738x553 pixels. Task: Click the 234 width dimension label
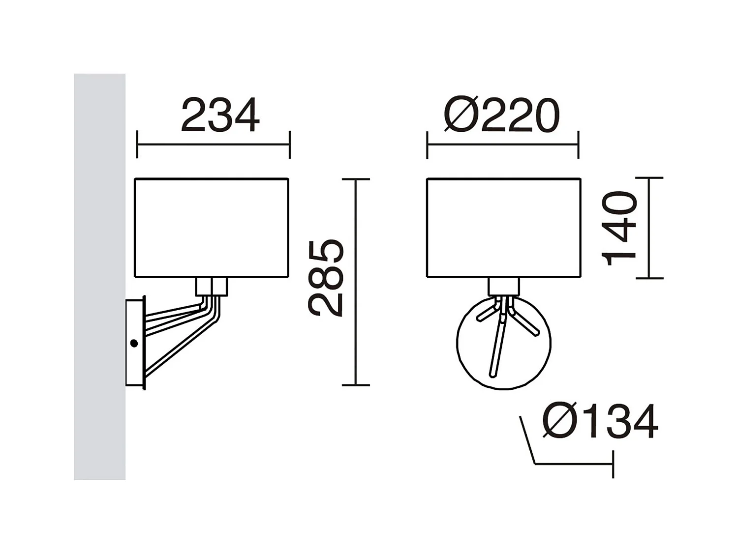pos(220,116)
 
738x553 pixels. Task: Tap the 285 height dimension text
pos(325,278)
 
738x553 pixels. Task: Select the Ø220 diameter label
pos(501,116)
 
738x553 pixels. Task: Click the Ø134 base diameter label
pos(600,421)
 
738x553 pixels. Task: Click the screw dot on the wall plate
pos(134,344)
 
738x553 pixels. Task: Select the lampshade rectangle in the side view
pos(212,228)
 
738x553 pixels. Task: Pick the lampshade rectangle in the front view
pos(503,228)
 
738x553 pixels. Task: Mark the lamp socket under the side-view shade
pos(212,287)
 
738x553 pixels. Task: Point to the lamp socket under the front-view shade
pos(503,287)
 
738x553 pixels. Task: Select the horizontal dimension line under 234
pos(214,145)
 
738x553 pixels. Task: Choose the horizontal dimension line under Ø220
pos(502,145)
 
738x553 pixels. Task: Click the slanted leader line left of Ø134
pos(527,440)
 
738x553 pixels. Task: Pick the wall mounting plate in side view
pos(135,343)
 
